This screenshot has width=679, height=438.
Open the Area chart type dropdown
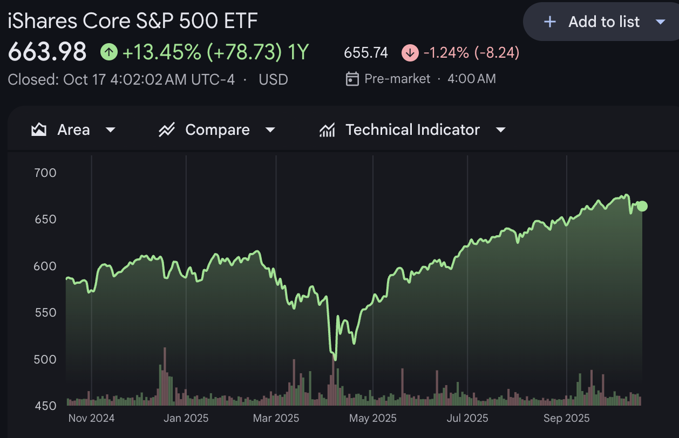[x=73, y=130]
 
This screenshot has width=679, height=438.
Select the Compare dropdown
[x=217, y=130]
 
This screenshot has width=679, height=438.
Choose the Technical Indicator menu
[x=412, y=130]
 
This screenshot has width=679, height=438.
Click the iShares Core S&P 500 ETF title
[x=133, y=22]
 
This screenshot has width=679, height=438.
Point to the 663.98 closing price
[x=47, y=52]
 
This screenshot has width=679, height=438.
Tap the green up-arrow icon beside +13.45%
[x=109, y=52]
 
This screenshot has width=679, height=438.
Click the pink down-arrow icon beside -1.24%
[x=410, y=53]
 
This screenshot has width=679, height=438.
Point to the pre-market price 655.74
[x=366, y=53]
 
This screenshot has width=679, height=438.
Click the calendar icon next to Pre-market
[x=352, y=79]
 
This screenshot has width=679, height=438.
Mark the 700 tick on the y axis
[x=45, y=173]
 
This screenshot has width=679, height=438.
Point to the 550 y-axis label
[x=45, y=312]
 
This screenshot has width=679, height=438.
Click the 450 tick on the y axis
[x=45, y=406]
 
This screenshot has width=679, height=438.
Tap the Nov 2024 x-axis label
[x=92, y=418]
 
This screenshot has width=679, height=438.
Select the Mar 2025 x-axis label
[x=276, y=418]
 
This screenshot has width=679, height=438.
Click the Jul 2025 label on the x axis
[x=467, y=418]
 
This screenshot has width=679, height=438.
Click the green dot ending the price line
[x=642, y=206]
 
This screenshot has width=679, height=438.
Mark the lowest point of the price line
[x=335, y=359]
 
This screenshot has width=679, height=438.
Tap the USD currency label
[x=273, y=80]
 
